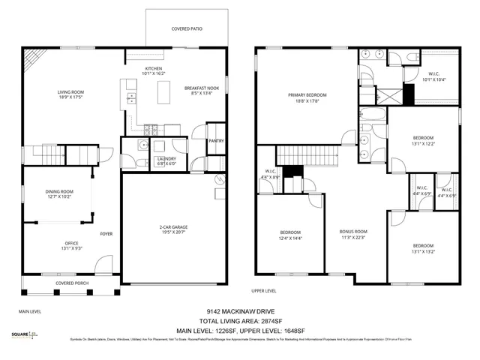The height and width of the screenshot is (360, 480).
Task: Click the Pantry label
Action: coord(215,140)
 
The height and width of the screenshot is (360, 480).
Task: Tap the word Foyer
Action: coord(106,233)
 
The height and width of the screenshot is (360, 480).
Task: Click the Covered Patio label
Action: coord(187,28)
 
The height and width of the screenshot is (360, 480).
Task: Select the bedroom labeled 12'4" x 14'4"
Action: coord(290,234)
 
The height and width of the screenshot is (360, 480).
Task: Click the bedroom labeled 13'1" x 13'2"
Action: coord(422,248)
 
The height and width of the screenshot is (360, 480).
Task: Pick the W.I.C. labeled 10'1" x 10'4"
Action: coord(434,76)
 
